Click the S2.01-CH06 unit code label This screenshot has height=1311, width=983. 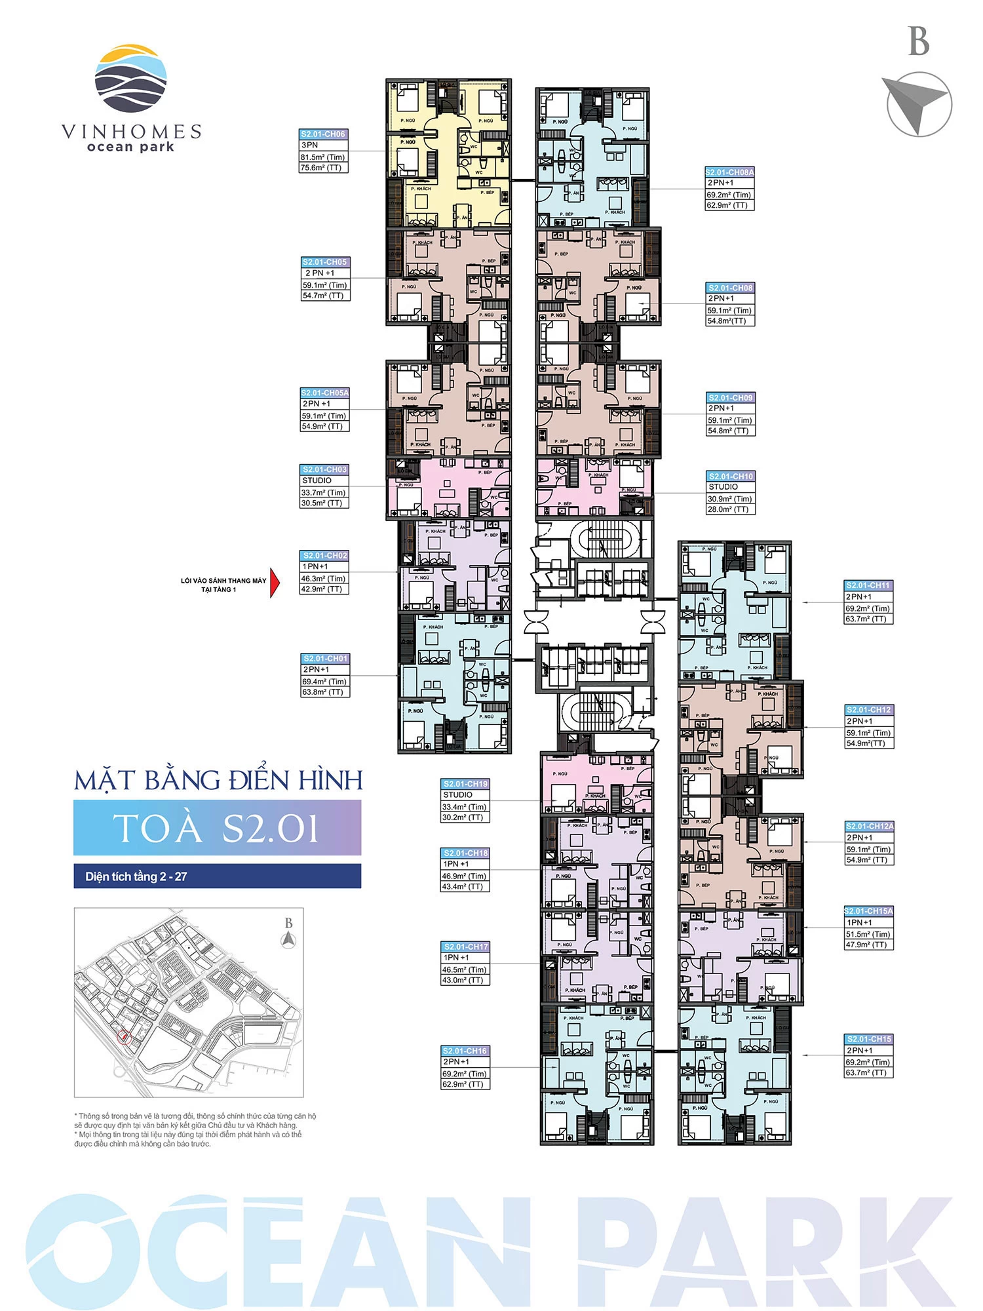pos(323,134)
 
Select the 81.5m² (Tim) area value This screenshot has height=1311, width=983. pos(323,157)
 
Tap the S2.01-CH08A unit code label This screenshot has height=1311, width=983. pos(729,172)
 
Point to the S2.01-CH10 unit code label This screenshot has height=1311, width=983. pos(731,477)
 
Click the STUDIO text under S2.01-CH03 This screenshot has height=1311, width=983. pos(317,480)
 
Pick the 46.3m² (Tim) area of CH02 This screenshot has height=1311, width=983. pos(324,579)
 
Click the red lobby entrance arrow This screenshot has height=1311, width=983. pos(275,583)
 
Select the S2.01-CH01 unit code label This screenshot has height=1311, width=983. pos(325,658)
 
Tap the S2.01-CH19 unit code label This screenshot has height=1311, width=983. pos(465,784)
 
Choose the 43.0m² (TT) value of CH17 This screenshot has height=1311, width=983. pos(463,980)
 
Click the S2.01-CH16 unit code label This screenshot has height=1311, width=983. pos(465,1051)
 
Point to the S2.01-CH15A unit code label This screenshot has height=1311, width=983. pos(868,911)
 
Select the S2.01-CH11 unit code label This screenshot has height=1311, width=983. pos(868,585)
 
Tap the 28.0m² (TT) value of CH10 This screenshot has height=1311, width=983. pos(728,509)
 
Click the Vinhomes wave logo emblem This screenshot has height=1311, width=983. pos(130,79)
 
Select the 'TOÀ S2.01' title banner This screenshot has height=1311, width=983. pos(217,828)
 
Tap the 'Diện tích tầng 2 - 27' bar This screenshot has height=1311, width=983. pos(217,876)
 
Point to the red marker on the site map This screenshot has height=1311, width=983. pos(123,1036)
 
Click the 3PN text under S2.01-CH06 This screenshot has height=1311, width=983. pos(310,146)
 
